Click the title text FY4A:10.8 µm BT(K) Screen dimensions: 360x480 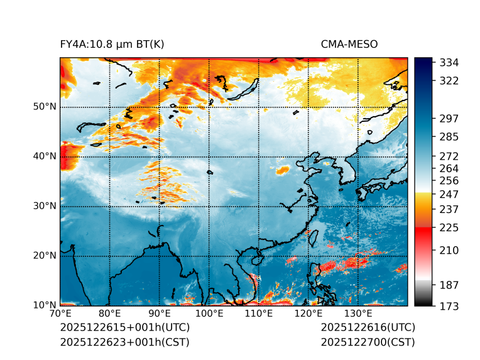112,44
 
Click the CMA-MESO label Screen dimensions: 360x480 349,44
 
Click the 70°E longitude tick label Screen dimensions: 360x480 60,314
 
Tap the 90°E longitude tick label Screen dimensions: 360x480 160,314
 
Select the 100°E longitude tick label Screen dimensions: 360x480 209,314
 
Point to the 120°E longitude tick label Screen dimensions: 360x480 308,314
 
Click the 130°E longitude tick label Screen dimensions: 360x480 358,314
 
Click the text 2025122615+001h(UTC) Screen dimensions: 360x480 124,328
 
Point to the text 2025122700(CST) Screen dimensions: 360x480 368,342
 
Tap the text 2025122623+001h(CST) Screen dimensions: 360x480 124,342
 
